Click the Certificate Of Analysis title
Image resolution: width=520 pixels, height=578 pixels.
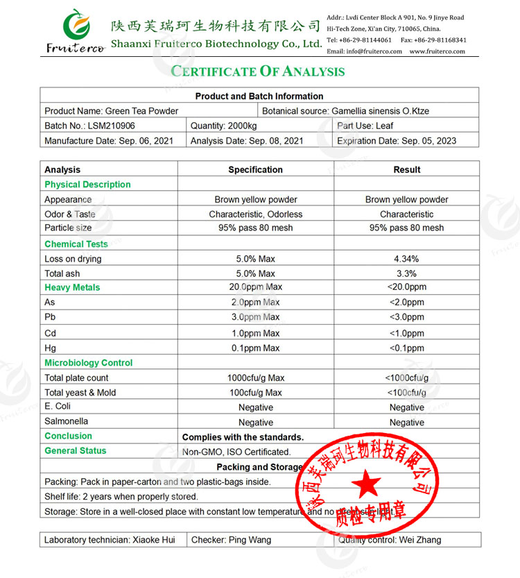(258, 71)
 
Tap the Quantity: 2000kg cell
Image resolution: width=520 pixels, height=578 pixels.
(223, 126)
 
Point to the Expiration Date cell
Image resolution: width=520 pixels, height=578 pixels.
(397, 141)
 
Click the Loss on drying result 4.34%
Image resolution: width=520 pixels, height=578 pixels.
(406, 259)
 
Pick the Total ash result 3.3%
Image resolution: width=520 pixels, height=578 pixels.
(406, 273)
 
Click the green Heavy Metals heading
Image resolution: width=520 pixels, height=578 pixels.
(72, 287)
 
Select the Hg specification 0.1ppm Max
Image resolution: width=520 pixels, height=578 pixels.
(255, 348)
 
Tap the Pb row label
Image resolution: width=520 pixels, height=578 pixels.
(50, 317)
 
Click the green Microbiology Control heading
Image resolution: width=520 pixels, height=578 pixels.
(88, 363)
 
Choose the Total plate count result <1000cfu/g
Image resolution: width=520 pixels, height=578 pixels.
(406, 378)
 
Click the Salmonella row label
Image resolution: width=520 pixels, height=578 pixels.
(66, 421)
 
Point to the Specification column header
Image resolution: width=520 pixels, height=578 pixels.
(255, 169)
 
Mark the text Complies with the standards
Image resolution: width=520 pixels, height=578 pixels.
(243, 437)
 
